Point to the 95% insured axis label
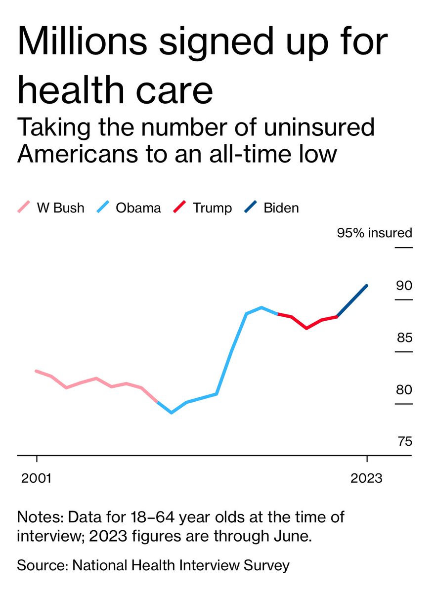pos(374,233)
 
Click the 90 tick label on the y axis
pos(404,286)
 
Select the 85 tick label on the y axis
pos(404,338)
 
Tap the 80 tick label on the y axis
pos(404,390)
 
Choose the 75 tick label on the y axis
pos(404,441)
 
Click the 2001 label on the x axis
pos(37,478)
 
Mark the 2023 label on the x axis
pos(366,478)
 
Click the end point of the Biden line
pos(366,285)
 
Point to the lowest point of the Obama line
pos(172,412)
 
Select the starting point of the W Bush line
pos(36,371)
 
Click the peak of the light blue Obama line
pos(261,307)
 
